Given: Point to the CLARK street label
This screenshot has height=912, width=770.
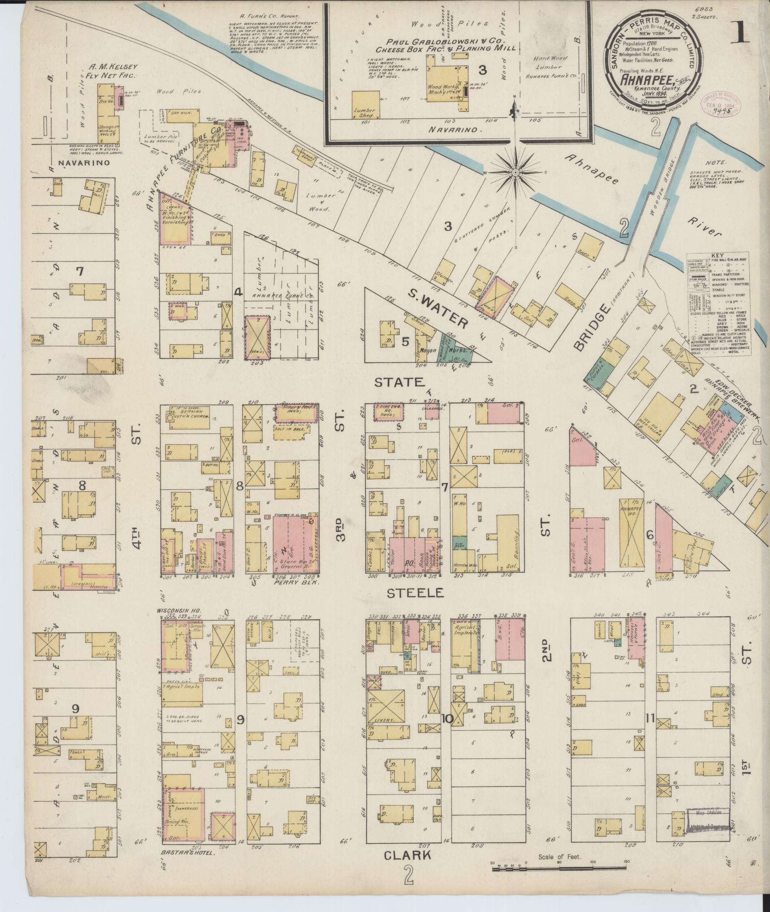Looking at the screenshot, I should click(408, 855).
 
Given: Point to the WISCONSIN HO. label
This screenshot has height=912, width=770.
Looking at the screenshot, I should click(176, 610).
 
